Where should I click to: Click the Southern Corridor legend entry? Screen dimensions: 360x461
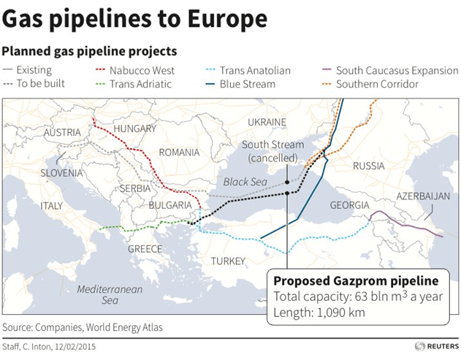coord(377,85)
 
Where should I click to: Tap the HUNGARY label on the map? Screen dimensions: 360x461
coord(134,129)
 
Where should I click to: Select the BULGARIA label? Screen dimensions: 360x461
coord(169,205)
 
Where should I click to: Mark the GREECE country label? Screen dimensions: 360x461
coord(145,249)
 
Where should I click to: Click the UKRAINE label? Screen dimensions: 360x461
coord(267,121)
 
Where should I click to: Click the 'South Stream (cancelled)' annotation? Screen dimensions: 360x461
coord(272,151)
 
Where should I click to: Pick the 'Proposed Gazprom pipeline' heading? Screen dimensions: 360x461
coord(355,281)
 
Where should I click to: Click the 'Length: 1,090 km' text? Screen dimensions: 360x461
coord(321,313)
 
